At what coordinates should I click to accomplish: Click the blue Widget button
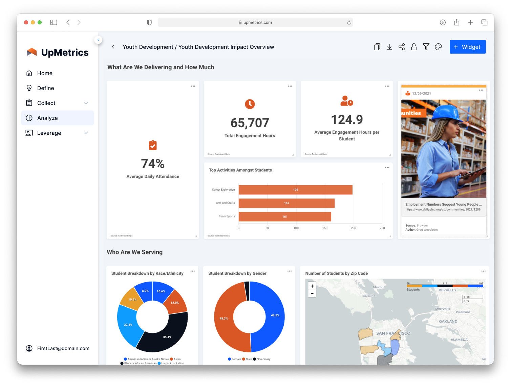[x=467, y=47]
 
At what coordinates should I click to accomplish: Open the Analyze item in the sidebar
[x=47, y=118]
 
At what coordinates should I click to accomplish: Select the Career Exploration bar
[x=295, y=190]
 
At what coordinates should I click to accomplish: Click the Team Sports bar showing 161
[x=285, y=216]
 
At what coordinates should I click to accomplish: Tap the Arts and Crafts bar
[x=286, y=203]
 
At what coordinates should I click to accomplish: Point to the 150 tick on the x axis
[x=325, y=228]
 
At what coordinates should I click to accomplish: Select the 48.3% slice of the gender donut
[x=224, y=319]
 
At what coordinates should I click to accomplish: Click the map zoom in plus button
[x=312, y=286]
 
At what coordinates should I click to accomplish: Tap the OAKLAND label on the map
[x=448, y=321]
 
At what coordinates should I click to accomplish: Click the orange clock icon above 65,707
[x=250, y=104]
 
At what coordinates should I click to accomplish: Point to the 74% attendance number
[x=153, y=164]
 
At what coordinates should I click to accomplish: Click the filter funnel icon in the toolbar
[x=426, y=47]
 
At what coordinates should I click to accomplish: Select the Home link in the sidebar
[x=45, y=73]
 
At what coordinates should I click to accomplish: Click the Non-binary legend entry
[x=263, y=359]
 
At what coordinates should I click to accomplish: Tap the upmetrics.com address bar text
[x=257, y=22]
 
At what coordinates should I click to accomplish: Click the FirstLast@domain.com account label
[x=63, y=348]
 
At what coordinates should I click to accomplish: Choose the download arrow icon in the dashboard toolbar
[x=389, y=47]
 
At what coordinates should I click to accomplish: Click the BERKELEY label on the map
[x=447, y=290]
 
